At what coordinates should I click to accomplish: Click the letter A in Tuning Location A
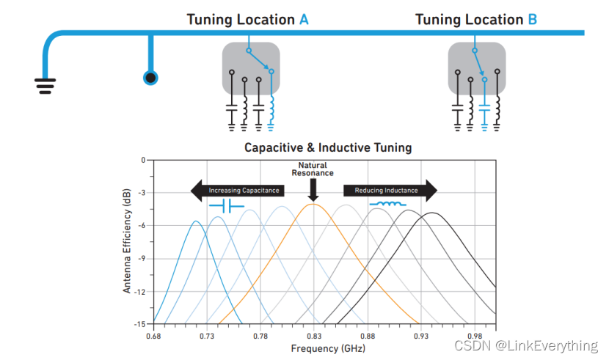(304, 19)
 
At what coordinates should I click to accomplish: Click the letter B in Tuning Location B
(532, 19)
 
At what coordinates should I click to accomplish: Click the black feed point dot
(151, 77)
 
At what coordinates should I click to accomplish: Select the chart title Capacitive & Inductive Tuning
(328, 147)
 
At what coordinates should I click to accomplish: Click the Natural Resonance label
(313, 169)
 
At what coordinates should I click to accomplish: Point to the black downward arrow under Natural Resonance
(313, 191)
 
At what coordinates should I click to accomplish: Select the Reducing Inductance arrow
(390, 191)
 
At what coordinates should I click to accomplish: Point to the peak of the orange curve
(313, 205)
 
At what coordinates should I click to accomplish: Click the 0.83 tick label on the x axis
(313, 336)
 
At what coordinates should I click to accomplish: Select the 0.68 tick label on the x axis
(153, 336)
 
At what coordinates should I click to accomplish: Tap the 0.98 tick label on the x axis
(474, 336)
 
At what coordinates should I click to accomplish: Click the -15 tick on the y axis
(139, 324)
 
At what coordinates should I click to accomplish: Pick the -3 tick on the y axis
(141, 192)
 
